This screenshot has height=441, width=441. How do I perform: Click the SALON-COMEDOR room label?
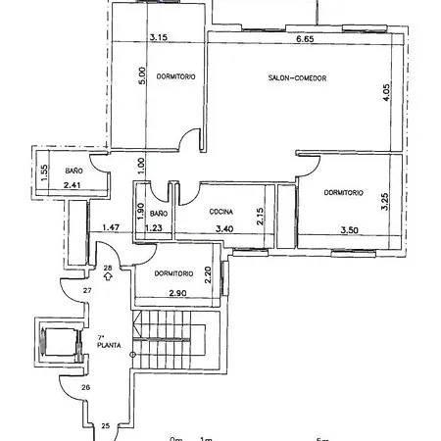point(296,77)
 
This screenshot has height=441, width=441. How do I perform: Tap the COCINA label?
point(220,212)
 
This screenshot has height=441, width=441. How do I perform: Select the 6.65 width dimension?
point(304,40)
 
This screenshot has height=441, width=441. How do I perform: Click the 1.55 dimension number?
point(45,171)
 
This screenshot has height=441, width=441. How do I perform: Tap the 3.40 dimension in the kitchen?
point(223,229)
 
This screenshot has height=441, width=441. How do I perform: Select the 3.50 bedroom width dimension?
point(350,229)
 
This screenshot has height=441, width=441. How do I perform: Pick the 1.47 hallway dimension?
point(111,229)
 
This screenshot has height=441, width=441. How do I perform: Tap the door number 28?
point(109,267)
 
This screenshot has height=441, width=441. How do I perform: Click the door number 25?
point(106,425)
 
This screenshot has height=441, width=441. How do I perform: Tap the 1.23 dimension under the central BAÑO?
point(153,229)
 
